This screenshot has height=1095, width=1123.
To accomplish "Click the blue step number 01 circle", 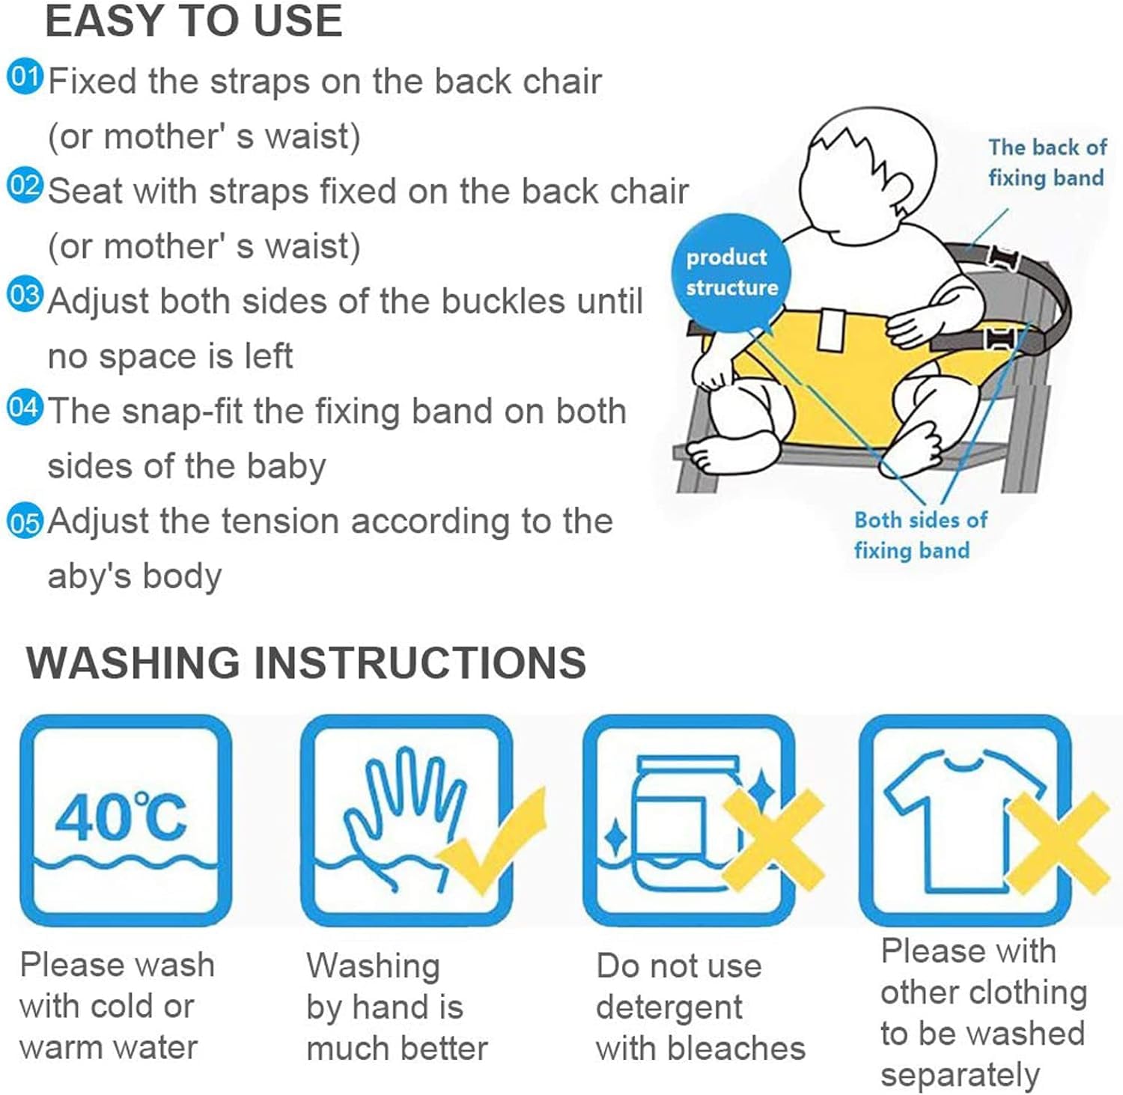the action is (x=25, y=77).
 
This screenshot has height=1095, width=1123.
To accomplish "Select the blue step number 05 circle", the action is (x=25, y=521).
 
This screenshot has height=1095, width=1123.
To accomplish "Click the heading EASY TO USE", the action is (x=194, y=21).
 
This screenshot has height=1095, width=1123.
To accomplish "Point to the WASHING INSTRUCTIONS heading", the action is (x=306, y=662).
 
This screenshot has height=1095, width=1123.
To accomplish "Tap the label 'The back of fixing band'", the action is (x=1047, y=162).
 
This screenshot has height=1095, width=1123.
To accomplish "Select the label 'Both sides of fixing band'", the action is (x=920, y=535).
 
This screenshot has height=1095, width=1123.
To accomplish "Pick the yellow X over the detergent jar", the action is (x=773, y=838).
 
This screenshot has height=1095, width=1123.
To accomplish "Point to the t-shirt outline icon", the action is (x=964, y=823).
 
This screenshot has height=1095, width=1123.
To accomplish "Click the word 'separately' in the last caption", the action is (x=960, y=1076).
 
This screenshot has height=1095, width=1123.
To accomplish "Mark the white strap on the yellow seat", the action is (x=831, y=330).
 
